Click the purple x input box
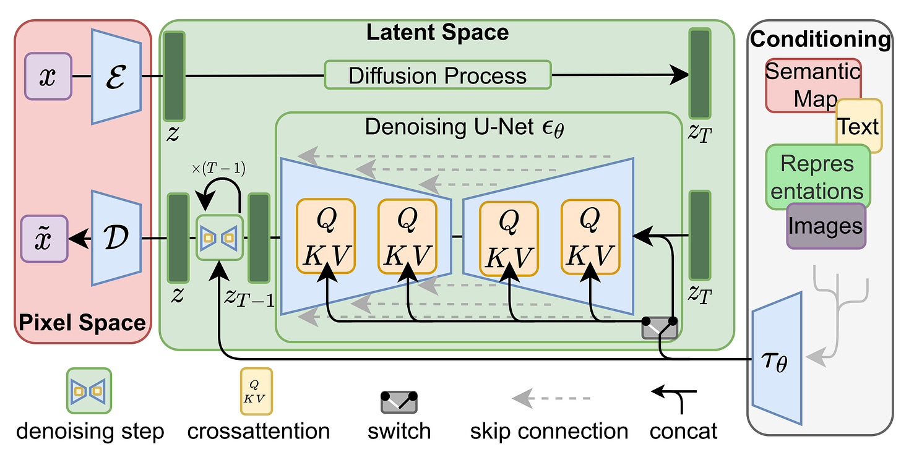click(48, 76)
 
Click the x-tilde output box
click(44, 238)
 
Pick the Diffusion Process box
click(437, 76)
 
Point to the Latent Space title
click(438, 32)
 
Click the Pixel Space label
click(82, 322)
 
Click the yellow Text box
click(859, 126)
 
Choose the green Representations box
click(817, 177)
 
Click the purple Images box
click(826, 226)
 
